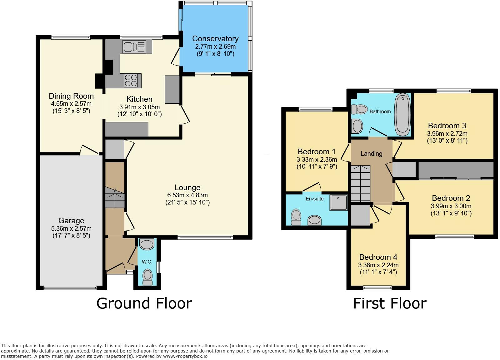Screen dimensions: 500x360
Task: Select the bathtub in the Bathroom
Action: tap(402, 115)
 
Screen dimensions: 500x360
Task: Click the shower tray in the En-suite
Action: tap(339, 203)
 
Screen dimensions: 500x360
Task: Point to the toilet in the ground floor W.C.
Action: tap(147, 277)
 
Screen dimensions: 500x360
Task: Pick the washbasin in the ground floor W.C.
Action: tap(147, 244)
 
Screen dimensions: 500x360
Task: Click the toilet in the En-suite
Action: tap(296, 217)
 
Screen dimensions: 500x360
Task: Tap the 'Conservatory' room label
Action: tap(215, 39)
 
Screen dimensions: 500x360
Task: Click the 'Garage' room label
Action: tap(71, 221)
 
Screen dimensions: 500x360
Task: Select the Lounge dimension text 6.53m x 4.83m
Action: tap(187, 195)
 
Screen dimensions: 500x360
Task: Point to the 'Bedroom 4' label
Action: tap(378, 257)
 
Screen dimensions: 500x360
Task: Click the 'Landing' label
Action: tap(372, 154)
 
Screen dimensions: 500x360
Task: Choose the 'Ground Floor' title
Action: tap(144, 303)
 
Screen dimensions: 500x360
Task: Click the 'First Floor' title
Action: tap(390, 303)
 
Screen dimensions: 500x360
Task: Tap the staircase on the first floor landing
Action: tap(361, 184)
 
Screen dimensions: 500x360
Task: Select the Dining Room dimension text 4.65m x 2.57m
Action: tap(71, 104)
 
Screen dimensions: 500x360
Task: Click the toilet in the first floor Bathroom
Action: tap(359, 109)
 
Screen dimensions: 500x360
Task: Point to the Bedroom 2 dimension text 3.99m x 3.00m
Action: tap(451, 206)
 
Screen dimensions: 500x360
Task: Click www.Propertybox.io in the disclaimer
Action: tap(185, 357)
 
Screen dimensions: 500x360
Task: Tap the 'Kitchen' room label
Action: tap(139, 99)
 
